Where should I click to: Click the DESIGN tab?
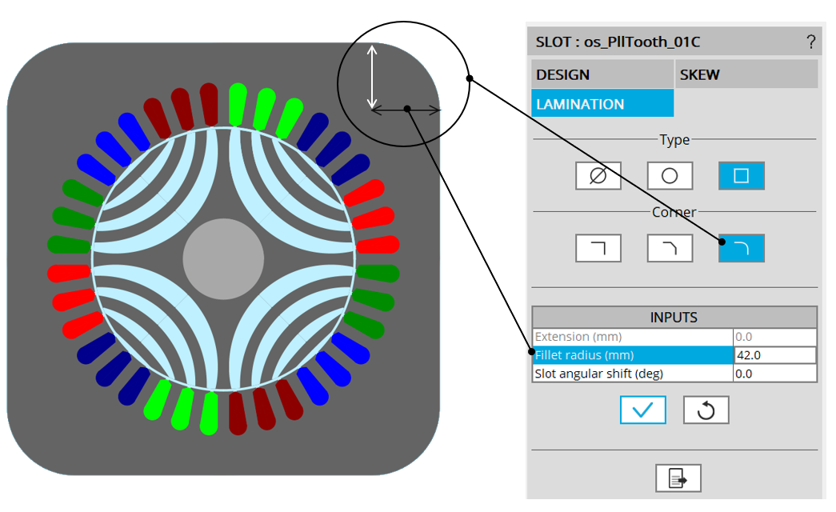tap(602, 74)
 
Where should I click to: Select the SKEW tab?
tap(746, 74)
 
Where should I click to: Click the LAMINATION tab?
tap(602, 104)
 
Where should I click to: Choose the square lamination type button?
tap(741, 176)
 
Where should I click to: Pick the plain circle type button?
tap(670, 176)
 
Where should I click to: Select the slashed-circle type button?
tap(598, 176)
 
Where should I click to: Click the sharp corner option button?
tap(598, 248)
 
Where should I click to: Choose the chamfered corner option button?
tap(670, 248)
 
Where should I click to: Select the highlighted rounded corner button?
tap(741, 248)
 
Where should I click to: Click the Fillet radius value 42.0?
tap(774, 355)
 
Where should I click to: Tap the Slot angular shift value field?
tap(774, 374)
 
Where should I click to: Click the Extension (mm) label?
tap(578, 337)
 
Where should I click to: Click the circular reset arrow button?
tap(706, 410)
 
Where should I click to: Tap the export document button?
tap(678, 478)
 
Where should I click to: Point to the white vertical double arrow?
tap(371, 77)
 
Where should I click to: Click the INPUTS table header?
tap(674, 318)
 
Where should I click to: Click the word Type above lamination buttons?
tap(674, 140)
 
